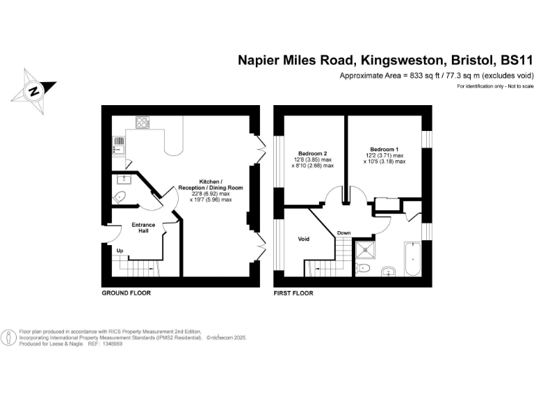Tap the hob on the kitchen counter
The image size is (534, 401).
pos(143,124)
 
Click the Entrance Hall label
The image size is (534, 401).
pos(143,228)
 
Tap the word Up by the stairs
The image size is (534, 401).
pos(120,251)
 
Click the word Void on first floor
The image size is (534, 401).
pos(303,239)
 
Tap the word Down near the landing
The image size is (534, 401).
pos(344,233)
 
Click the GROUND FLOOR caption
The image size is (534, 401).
pos(126,293)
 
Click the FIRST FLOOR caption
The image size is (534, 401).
pos(293,293)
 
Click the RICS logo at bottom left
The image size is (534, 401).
pos(9,338)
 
